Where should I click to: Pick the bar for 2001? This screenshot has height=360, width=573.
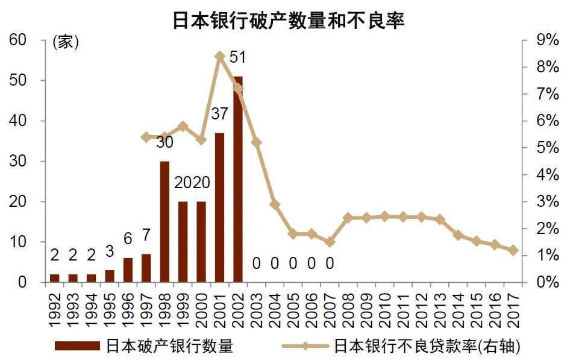[219, 207]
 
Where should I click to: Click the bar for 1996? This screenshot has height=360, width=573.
[128, 270]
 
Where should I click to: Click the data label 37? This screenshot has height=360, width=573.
[219, 113]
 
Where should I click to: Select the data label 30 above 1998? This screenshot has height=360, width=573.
[164, 142]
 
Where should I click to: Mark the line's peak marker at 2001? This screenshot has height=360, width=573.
[220, 56]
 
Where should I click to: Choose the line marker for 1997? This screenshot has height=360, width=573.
[146, 137]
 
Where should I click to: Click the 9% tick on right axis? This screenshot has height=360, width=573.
[545, 40]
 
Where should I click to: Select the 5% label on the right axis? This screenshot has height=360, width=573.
[545, 148]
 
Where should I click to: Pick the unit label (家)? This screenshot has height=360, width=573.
[66, 42]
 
